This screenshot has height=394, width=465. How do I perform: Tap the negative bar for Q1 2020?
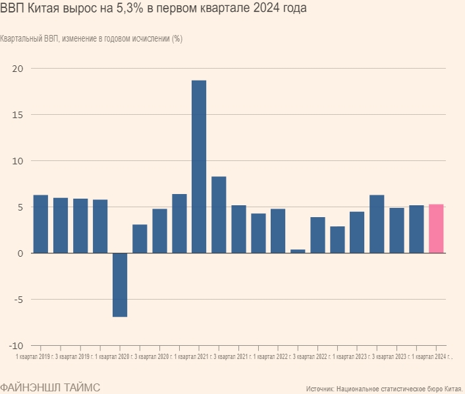(120, 284)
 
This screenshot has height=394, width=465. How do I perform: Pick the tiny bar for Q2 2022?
(298, 251)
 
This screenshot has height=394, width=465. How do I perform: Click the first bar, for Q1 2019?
(41, 224)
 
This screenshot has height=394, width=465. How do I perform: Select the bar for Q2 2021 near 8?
(219, 214)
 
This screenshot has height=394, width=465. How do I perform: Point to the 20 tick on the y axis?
(18, 69)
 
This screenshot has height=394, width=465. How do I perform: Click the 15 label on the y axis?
(18, 115)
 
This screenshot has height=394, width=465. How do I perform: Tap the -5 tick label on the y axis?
(18, 299)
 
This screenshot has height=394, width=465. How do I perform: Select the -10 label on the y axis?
(16, 345)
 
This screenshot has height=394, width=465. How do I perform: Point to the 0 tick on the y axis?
(20, 253)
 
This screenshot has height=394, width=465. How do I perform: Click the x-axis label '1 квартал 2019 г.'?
(35, 357)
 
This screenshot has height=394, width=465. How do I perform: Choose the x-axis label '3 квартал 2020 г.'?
(153, 357)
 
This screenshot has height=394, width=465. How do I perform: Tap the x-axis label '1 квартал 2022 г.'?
(273, 357)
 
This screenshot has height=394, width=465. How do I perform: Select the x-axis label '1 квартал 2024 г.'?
(431, 357)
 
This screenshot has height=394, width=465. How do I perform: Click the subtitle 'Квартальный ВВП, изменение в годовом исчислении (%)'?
(92, 38)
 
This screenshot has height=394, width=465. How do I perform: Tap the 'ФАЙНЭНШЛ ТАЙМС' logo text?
(50, 387)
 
